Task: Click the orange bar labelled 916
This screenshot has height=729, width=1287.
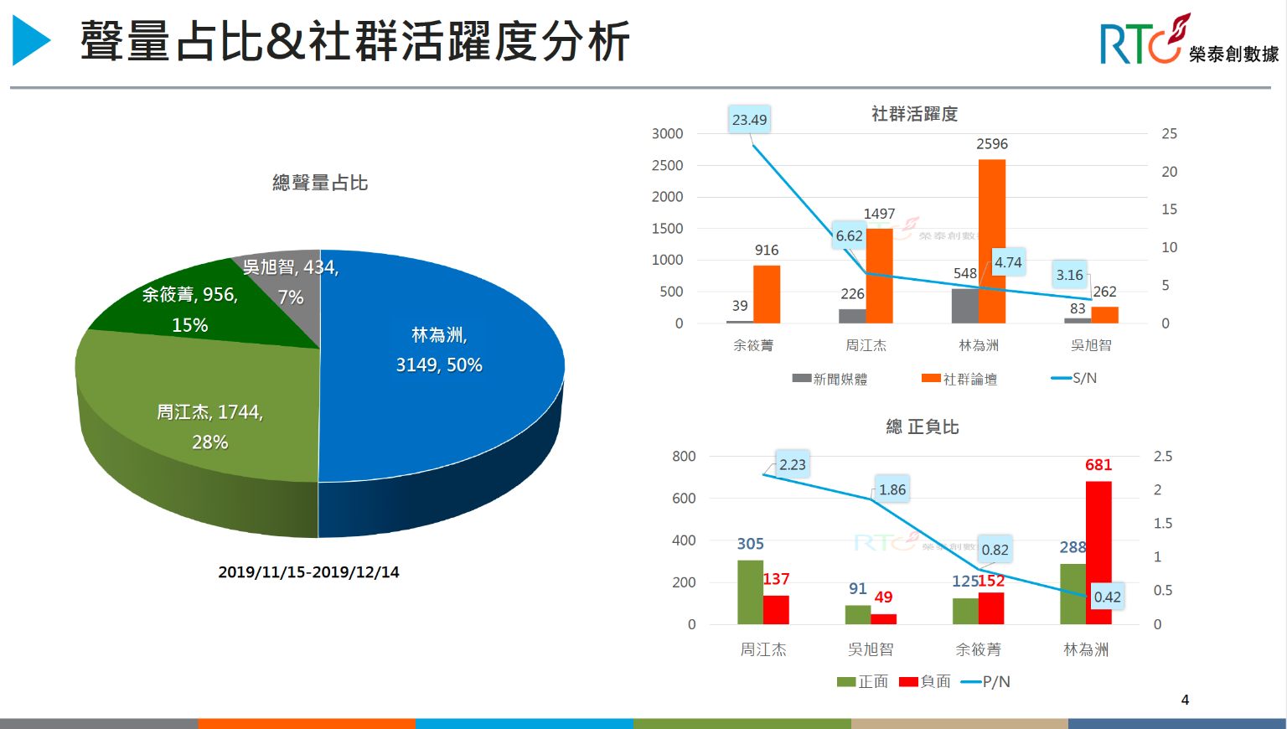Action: click(767, 294)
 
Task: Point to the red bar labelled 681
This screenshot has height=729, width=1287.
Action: click(1098, 553)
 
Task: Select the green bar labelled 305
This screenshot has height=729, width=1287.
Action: click(750, 592)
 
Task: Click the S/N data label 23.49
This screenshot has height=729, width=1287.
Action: click(749, 120)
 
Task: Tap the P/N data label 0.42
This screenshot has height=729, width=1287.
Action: click(1107, 597)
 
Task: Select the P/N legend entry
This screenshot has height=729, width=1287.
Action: click(986, 682)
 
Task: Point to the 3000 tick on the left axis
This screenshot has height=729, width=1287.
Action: click(667, 134)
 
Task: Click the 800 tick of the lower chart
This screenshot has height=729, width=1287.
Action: click(684, 457)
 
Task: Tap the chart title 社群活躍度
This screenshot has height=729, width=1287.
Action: click(914, 114)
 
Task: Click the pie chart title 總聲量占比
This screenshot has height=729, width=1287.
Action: click(320, 183)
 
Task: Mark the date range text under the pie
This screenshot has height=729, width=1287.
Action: click(308, 572)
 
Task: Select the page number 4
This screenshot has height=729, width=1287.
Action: click(1185, 700)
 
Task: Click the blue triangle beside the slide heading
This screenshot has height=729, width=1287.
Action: click(30, 40)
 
